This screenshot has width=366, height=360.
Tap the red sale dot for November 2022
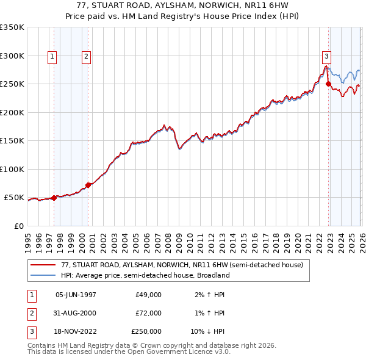[x=329, y=84]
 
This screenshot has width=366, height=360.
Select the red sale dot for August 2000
[x=88, y=184]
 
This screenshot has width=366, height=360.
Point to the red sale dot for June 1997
[x=54, y=197]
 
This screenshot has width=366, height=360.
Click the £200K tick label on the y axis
[x=12, y=112]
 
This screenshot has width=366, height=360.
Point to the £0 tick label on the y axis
[x=18, y=226]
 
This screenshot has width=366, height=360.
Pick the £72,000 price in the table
[x=148, y=313]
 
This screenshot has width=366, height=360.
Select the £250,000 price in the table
[x=146, y=331]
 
